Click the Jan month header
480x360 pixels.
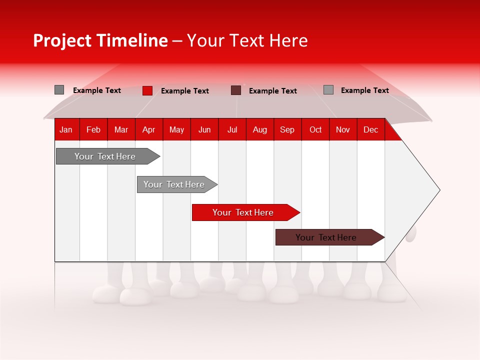click(x=66, y=129)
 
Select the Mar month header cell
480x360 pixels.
click(x=121, y=129)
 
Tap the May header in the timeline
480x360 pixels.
click(x=176, y=129)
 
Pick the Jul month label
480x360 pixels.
click(x=232, y=129)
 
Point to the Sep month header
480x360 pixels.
click(x=287, y=129)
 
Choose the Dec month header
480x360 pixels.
click(x=370, y=129)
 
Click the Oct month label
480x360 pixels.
click(x=315, y=129)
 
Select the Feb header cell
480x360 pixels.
click(x=93, y=129)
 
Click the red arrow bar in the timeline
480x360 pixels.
click(x=243, y=212)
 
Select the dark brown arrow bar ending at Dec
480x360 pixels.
click(x=326, y=237)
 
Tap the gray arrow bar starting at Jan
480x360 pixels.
click(x=105, y=156)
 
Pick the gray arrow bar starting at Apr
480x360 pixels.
click(x=174, y=184)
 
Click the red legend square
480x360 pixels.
click(x=147, y=90)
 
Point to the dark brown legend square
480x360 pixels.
click(x=236, y=90)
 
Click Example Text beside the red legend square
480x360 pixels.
click(x=185, y=91)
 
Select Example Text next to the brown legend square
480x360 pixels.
click(x=273, y=91)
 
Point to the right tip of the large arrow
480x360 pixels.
click(x=438, y=190)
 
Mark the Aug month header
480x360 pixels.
click(x=259, y=129)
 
